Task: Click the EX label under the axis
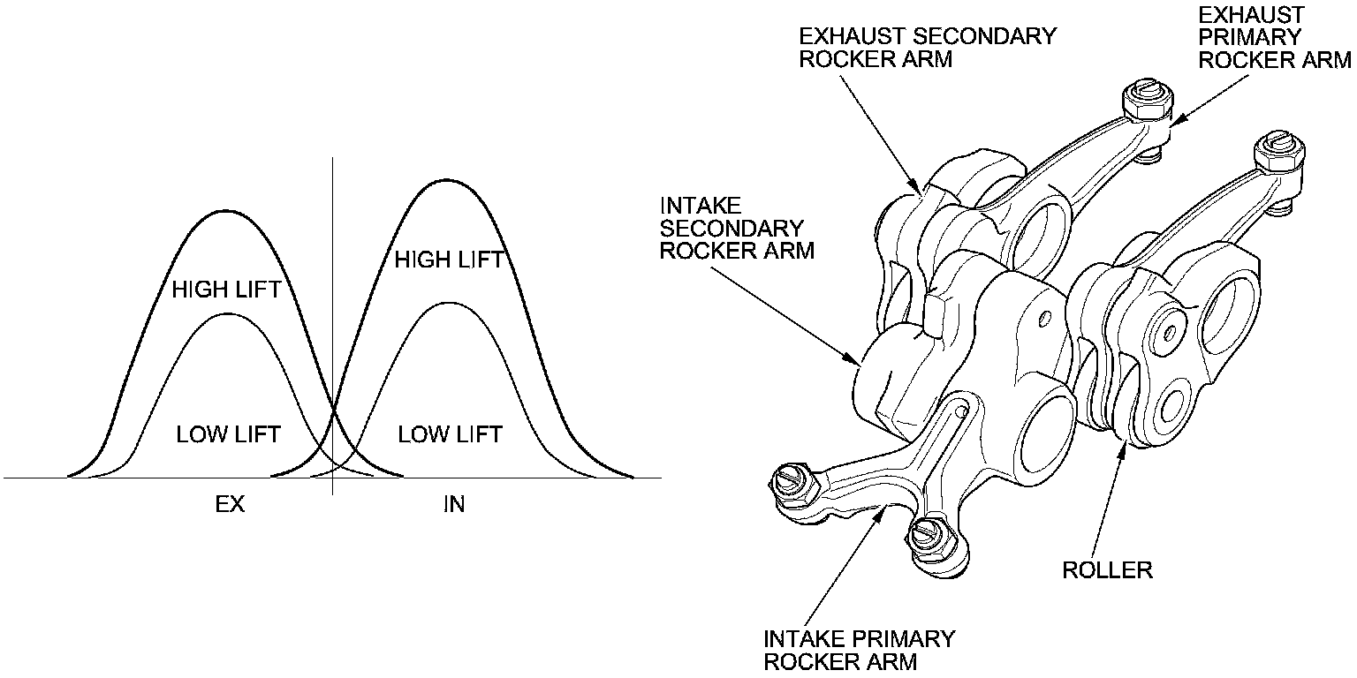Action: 229,504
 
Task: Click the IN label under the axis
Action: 452,504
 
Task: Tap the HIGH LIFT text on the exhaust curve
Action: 226,290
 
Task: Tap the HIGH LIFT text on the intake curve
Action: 449,260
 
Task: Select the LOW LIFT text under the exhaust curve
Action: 228,434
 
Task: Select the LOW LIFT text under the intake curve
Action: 450,434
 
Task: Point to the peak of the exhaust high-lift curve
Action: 225,212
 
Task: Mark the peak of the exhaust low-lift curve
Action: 228,313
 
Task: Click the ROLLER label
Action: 1107,569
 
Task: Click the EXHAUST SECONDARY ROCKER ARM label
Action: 928,48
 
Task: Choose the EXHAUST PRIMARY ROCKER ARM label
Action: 1274,37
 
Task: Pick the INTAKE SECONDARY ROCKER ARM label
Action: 737,228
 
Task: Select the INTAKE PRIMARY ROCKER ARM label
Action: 860,649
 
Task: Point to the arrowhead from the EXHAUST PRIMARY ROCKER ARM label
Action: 1171,123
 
